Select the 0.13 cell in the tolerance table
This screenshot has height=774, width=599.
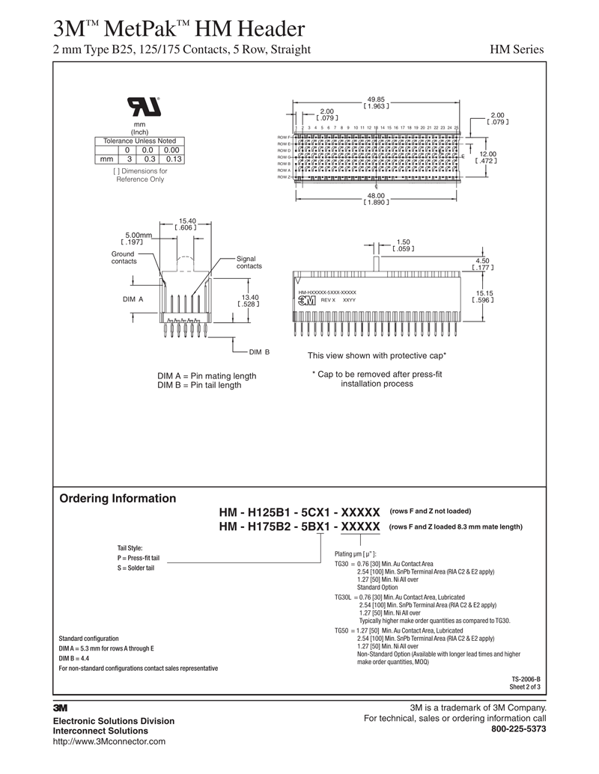pyautogui.click(x=173, y=159)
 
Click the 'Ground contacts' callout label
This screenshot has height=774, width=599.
pyautogui.click(x=124, y=257)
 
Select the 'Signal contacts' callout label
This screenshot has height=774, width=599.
pyautogui.click(x=249, y=262)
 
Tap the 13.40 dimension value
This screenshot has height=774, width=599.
pyautogui.click(x=249, y=297)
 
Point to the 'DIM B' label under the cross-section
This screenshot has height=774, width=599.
pyautogui.click(x=259, y=351)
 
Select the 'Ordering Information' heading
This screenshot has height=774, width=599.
pyautogui.click(x=118, y=499)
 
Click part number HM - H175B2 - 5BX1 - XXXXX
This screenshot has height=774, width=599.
pyautogui.click(x=299, y=527)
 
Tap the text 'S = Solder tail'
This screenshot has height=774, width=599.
pyautogui.click(x=136, y=568)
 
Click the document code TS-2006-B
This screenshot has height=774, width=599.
pyautogui.click(x=526, y=679)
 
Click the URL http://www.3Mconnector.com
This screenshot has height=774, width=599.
pyautogui.click(x=109, y=741)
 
